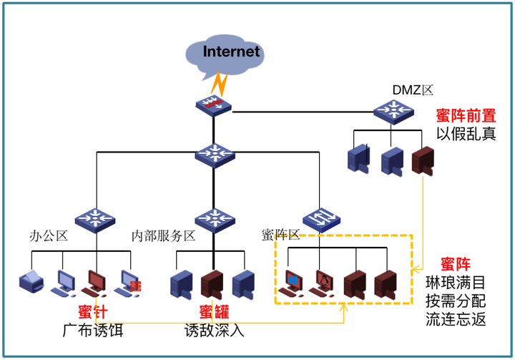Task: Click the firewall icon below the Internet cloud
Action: click(x=213, y=105)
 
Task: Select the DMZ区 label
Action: click(x=413, y=90)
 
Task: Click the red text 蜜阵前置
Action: click(x=466, y=115)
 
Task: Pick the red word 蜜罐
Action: click(x=213, y=312)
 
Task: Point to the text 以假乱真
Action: click(x=466, y=134)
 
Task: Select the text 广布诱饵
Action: click(x=90, y=331)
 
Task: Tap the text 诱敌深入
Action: click(x=213, y=331)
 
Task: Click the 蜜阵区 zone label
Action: click(x=280, y=235)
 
